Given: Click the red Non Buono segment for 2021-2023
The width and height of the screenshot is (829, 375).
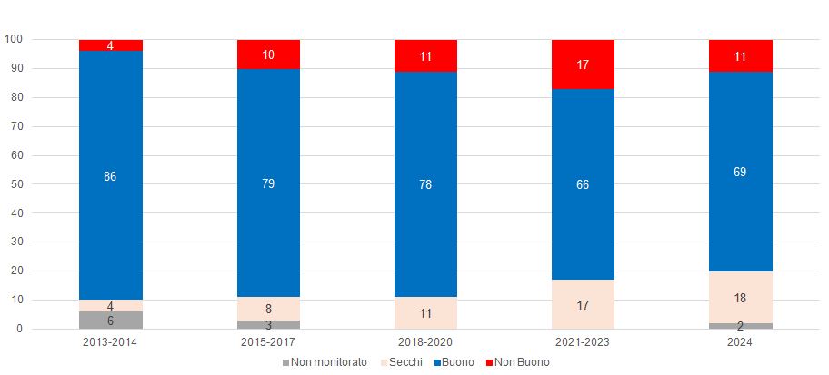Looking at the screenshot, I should pos(583,64).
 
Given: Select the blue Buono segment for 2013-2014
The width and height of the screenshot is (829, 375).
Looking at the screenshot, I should pos(110,145).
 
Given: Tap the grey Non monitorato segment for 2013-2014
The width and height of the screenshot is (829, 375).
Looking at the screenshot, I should pos(110,320).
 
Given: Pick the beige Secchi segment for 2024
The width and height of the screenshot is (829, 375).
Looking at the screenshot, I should pos(740,297).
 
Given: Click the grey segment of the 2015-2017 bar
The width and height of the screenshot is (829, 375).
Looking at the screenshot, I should pos(268,324).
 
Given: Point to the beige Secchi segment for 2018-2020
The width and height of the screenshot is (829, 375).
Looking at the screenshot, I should pos(425,312).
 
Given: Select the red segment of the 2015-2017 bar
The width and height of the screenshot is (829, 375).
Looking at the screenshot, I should pos(268,54).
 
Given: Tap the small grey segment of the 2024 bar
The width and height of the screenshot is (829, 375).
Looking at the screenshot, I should pos(740,326).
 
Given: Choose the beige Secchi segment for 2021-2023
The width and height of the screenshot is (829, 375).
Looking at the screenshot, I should pos(583,304).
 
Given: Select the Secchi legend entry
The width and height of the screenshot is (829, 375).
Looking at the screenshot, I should pos(400,361).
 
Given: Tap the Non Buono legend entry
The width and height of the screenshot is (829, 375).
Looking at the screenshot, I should pos(520,361).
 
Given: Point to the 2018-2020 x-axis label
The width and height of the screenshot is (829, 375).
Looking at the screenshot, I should pos(425,343).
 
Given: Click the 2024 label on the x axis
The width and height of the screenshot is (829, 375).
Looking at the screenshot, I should pos(740,343).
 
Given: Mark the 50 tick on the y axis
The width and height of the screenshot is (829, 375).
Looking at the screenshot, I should pos(15,184).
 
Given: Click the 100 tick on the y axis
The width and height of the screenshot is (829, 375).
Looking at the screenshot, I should pos(13,39).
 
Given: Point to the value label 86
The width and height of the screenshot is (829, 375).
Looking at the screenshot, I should pos(110,176).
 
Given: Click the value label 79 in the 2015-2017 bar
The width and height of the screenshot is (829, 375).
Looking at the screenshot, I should pos(268,183).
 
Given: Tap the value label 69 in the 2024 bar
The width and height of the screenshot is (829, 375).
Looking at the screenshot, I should pos(740,172).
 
